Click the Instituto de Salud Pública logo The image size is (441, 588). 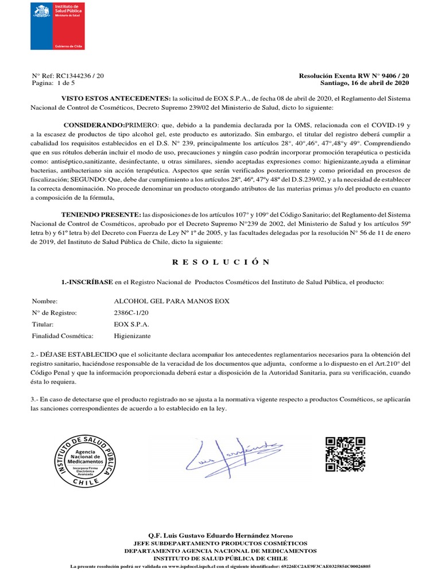tap(57, 26)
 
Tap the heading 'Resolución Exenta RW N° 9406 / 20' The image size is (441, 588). tap(354, 76)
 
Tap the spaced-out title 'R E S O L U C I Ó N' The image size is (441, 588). tap(220, 262)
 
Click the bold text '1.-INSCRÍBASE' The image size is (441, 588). tap(87, 283)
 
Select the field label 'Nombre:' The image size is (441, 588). tap(45, 301)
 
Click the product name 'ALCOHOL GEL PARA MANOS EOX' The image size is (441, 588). tap(172, 301)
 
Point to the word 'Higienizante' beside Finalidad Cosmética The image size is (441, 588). tap(133, 336)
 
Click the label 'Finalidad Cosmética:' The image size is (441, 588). tap(63, 336)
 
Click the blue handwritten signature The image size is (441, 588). tap(233, 457)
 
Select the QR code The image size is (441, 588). tap(345, 454)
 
